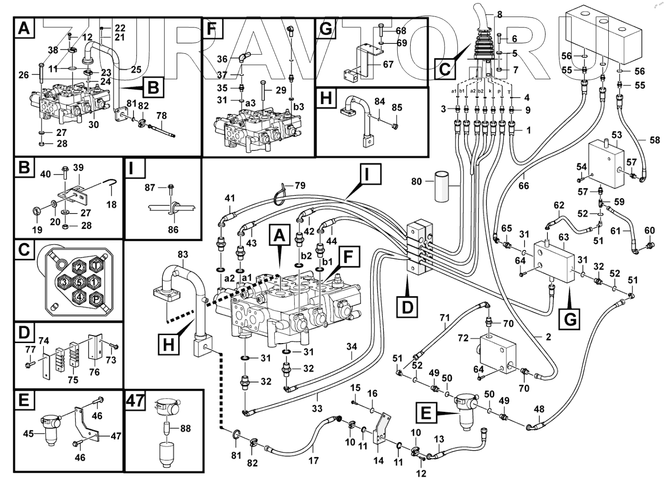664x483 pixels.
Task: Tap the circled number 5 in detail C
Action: [x=79, y=282]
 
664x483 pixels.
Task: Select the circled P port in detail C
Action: [x=94, y=298]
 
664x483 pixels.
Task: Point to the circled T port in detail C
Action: [x=95, y=266]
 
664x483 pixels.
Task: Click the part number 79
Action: [x=299, y=187]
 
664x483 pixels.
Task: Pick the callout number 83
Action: [x=183, y=254]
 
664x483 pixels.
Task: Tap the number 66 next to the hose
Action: [x=524, y=186]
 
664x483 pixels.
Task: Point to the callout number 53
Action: [x=617, y=135]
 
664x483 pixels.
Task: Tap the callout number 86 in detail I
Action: [x=173, y=230]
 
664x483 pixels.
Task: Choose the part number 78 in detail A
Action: [x=162, y=116]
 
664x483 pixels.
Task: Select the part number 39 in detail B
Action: [x=78, y=167]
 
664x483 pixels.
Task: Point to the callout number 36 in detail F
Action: [x=222, y=59]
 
